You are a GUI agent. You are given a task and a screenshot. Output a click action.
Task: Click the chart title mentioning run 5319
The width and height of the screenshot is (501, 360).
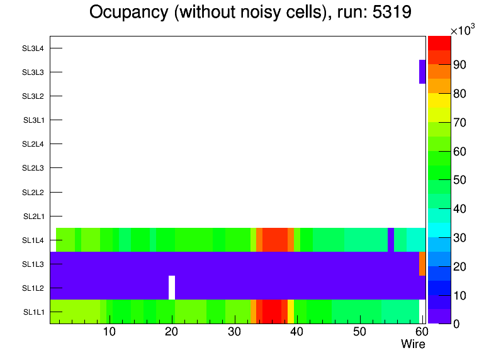250,13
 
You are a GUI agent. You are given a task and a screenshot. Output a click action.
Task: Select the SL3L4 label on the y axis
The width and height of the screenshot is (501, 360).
33,48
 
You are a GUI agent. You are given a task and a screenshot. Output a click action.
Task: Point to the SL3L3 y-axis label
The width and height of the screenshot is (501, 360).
33,72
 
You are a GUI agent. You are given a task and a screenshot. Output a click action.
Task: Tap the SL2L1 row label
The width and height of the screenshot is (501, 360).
33,216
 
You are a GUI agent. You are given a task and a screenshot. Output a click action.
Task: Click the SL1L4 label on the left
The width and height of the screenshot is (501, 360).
33,240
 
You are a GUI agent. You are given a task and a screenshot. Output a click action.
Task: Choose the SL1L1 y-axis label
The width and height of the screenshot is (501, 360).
33,312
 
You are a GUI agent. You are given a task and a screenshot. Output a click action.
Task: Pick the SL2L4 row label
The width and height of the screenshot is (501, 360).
33,144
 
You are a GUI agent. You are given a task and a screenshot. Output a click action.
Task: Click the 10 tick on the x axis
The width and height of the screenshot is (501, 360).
109,332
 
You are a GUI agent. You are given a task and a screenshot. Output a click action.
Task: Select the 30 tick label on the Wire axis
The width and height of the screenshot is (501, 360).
234,332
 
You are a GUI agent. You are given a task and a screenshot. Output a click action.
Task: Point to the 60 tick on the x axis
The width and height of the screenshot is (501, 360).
420,332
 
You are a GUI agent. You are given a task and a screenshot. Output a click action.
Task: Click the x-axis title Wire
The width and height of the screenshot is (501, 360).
413,344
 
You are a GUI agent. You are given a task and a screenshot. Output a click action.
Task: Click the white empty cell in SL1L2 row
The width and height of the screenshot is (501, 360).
172,288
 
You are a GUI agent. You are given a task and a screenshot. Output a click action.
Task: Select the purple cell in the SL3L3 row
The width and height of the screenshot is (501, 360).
422,72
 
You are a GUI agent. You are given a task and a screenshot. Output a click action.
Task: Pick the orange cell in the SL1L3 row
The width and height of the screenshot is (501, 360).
422,264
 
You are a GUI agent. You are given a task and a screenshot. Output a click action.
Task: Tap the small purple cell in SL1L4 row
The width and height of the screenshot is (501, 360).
391,240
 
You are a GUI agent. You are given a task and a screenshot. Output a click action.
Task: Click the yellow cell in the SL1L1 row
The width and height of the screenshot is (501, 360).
291,312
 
